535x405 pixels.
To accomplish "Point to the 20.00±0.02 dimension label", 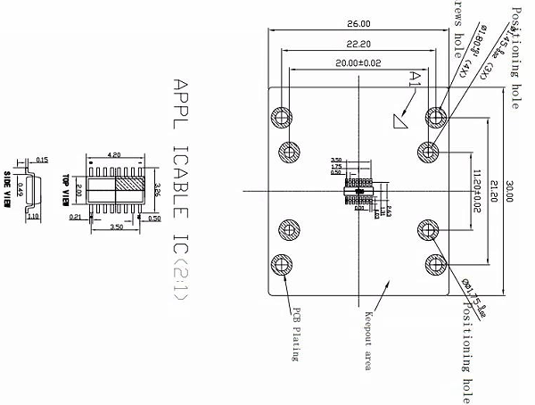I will click(358, 64).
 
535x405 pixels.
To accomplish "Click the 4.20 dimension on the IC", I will click(114, 153).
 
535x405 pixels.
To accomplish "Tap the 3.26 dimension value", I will click(157, 191).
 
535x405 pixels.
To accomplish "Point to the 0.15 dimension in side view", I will click(42, 161).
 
